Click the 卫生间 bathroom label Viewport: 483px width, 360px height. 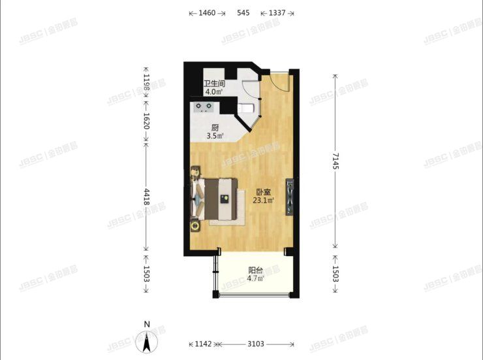click(x=214, y=84)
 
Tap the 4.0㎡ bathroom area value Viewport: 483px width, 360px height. click(x=214, y=91)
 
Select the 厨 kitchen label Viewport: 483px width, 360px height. click(x=215, y=127)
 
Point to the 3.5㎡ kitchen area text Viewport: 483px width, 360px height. click(x=215, y=136)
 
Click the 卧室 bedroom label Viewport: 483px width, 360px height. click(x=264, y=192)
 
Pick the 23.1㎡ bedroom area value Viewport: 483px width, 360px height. click(x=264, y=201)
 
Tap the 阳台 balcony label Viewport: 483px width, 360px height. click(x=256, y=270)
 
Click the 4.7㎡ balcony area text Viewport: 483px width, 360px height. click(x=256, y=278)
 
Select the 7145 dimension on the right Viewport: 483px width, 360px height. click(x=335, y=161)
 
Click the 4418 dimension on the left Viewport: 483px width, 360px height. click(x=146, y=197)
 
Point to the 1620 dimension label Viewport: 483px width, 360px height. click(x=146, y=121)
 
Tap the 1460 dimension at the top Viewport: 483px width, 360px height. click(x=207, y=13)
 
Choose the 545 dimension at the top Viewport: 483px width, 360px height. click(x=243, y=13)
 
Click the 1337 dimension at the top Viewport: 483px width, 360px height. click(x=277, y=13)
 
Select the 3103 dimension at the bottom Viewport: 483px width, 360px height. click(x=256, y=344)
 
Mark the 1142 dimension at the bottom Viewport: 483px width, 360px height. click(x=203, y=344)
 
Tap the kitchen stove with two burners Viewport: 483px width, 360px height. click(x=204, y=107)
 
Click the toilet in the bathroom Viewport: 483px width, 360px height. click(x=246, y=108)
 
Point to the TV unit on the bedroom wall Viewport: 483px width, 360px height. click(x=290, y=197)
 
